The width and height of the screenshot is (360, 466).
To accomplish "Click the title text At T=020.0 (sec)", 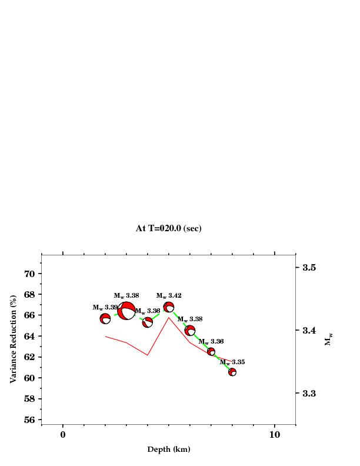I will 168,228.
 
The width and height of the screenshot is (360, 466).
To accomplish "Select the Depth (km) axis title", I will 168,450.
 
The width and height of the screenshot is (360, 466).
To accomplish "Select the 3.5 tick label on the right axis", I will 309,268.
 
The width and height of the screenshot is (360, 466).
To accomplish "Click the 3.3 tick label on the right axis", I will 309,393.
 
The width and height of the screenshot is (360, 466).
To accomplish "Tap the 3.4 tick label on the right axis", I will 309,330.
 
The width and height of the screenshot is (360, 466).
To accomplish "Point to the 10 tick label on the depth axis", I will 274,435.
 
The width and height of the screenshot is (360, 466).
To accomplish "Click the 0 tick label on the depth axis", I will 63,435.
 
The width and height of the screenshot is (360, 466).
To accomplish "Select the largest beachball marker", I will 126,310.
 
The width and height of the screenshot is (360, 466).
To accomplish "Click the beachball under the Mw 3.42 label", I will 169,307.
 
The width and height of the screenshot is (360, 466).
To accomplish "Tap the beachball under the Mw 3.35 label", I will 232,372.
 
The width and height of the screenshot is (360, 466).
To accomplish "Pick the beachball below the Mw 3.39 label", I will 105,319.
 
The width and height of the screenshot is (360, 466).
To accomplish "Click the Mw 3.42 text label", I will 169,295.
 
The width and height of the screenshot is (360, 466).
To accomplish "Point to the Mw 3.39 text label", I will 105,307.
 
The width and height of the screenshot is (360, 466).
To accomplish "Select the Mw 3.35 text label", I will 232,362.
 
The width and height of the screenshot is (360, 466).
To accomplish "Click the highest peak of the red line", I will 169,318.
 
